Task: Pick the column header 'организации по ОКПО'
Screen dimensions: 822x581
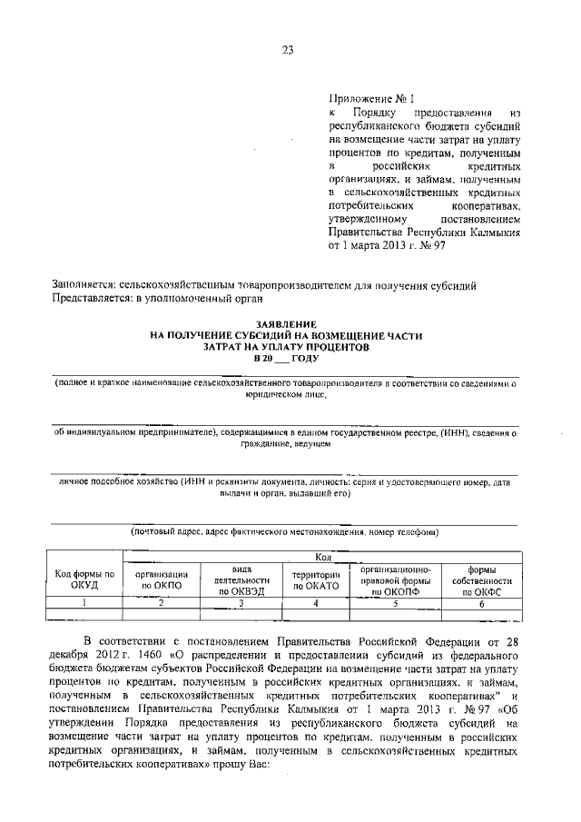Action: click(x=162, y=579)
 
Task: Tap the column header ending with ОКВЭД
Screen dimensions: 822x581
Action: click(x=241, y=579)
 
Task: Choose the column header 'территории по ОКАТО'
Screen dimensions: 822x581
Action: click(x=315, y=579)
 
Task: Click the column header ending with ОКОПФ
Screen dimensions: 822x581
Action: click(x=394, y=579)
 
